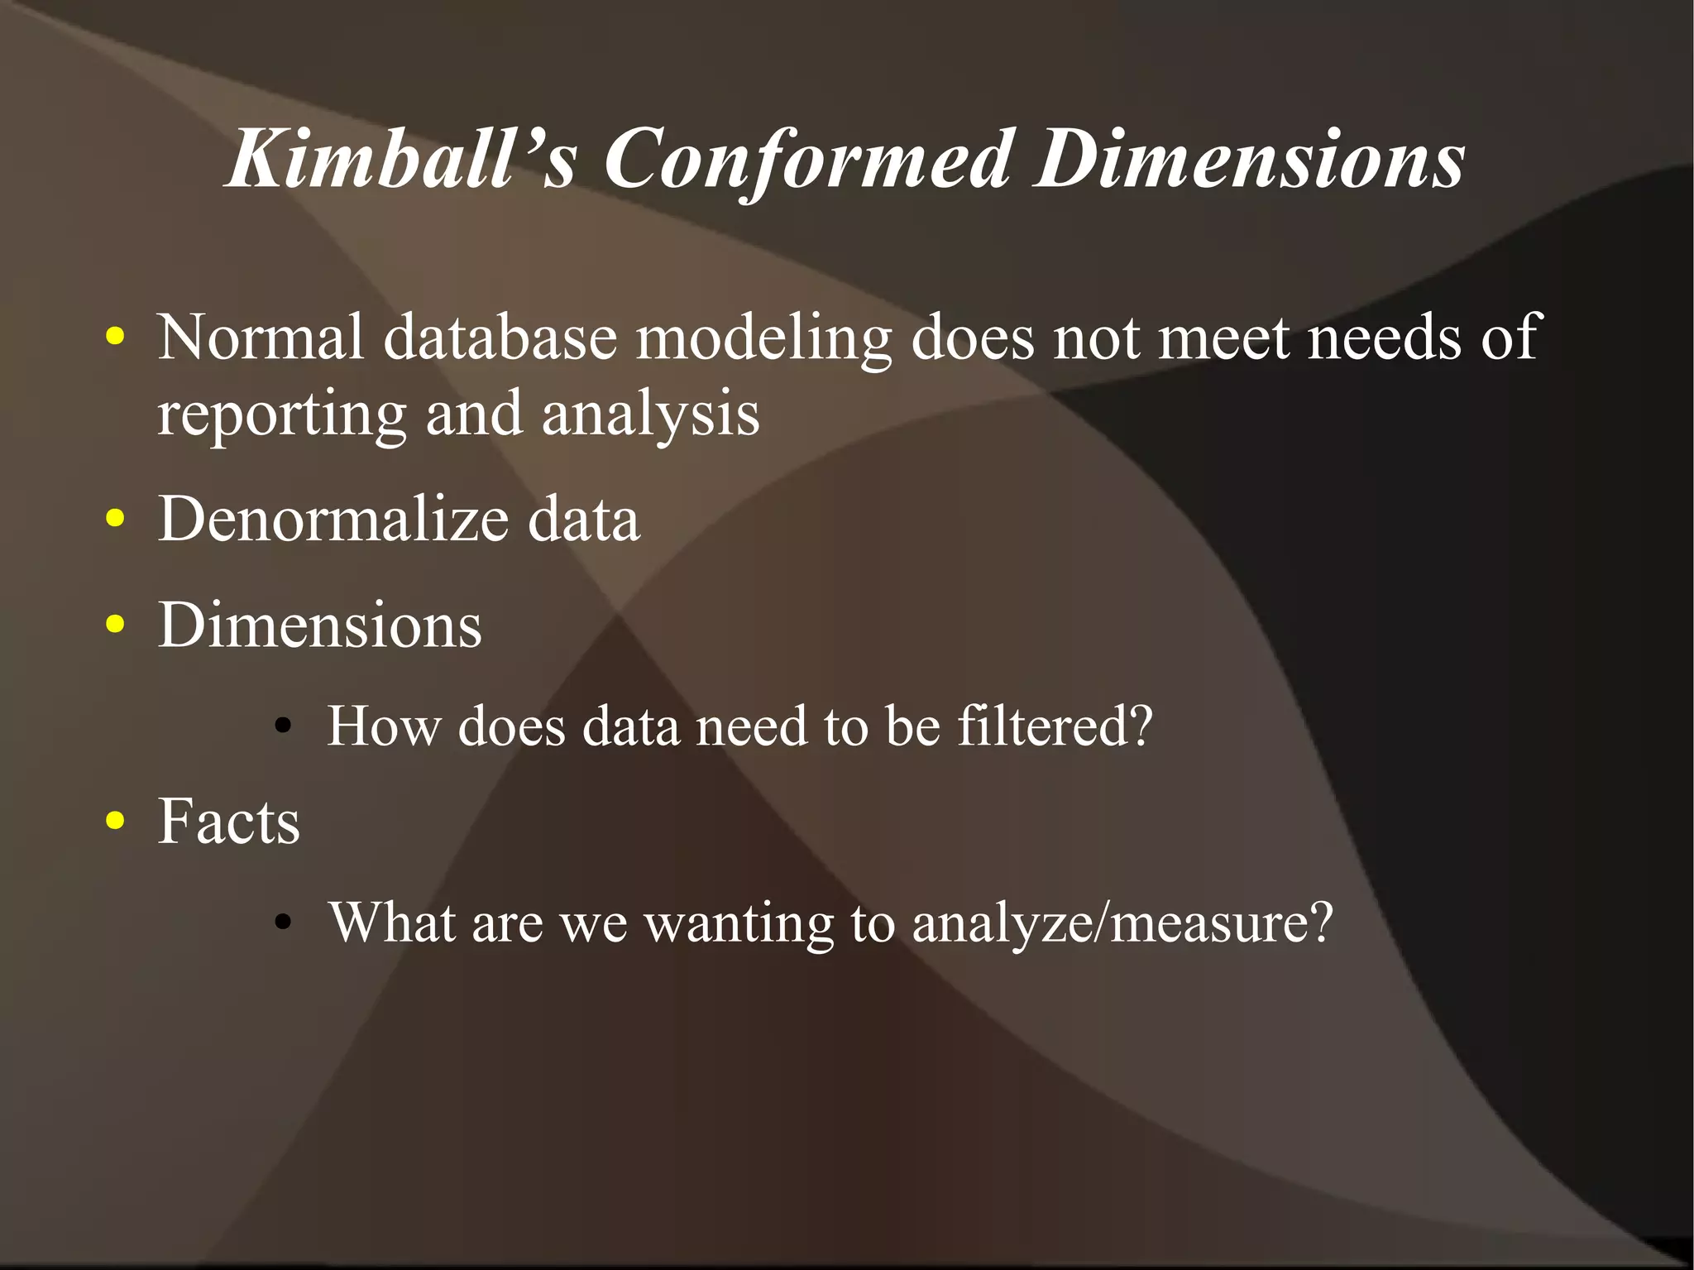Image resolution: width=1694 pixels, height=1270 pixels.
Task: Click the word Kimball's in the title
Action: (x=400, y=159)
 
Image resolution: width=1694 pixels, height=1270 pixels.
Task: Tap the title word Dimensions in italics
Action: (x=1250, y=159)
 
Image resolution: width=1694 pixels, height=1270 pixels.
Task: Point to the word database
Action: (x=500, y=337)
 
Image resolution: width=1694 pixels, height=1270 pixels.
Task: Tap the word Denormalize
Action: (x=333, y=519)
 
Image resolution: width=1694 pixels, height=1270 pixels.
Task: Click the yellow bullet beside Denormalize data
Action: (x=116, y=519)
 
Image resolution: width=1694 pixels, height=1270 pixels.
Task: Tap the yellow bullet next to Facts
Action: (x=116, y=821)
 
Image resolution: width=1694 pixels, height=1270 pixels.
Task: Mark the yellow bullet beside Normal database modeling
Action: (x=116, y=337)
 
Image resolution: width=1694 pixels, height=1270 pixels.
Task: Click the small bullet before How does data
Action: (x=284, y=727)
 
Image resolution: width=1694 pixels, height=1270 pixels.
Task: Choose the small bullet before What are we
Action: (x=284, y=924)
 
